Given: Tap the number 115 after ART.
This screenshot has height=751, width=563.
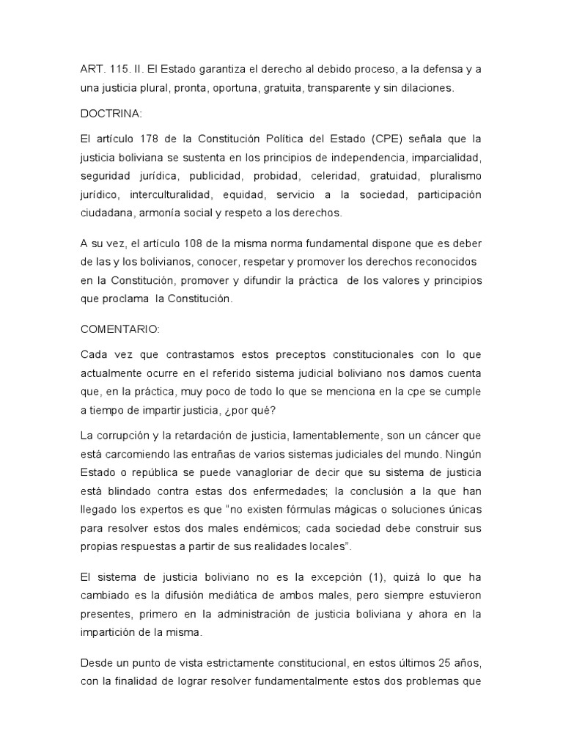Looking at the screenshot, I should (x=119, y=69).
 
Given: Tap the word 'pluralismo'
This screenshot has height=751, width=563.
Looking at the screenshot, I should (x=454, y=176).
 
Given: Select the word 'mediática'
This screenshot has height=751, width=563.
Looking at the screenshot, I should (x=251, y=596).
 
